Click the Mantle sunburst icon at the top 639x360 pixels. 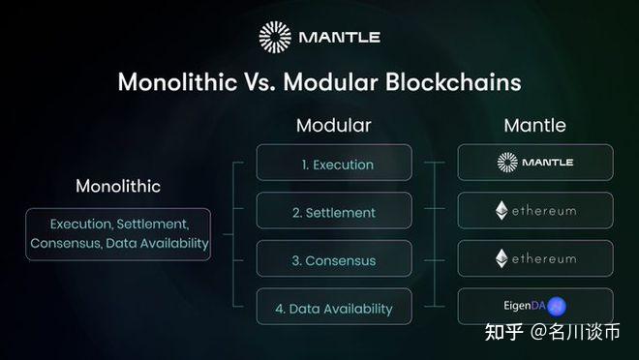pyautogui.click(x=275, y=37)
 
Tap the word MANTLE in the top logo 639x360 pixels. pyautogui.click(x=339, y=38)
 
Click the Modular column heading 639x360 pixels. pyautogui.click(x=333, y=126)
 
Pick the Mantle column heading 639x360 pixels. pyautogui.click(x=534, y=126)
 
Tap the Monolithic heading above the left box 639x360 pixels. pyautogui.click(x=118, y=185)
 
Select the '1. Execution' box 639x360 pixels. pyautogui.click(x=334, y=164)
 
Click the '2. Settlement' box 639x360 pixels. pyautogui.click(x=334, y=211)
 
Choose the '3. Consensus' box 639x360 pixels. pyautogui.click(x=334, y=259)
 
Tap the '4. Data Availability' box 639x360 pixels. pyautogui.click(x=334, y=308)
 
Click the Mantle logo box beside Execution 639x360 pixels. pyautogui.click(x=535, y=163)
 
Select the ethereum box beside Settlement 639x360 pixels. pyautogui.click(x=535, y=210)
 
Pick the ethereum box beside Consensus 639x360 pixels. pyautogui.click(x=535, y=258)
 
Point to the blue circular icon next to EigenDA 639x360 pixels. pyautogui.click(x=557, y=307)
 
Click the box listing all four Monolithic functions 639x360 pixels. pyautogui.click(x=119, y=233)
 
